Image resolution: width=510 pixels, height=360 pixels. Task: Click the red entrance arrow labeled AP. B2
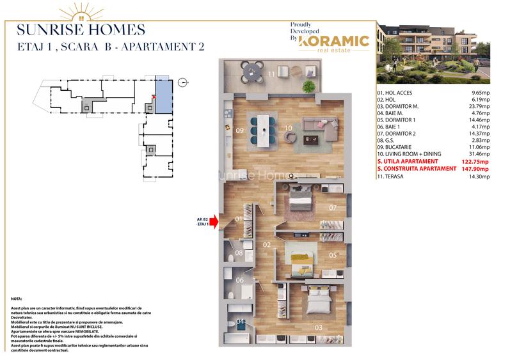point(214,221)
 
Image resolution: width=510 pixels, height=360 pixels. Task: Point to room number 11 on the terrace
point(271,74)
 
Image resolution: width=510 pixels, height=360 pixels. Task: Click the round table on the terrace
point(254,68)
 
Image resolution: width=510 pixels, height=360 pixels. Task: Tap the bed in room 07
point(301,203)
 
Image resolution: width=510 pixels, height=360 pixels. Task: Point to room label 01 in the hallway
point(239,219)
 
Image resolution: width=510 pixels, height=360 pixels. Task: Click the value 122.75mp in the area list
point(475,162)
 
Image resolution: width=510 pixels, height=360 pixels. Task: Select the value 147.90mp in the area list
point(475,169)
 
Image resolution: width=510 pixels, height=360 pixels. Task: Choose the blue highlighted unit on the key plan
point(164,95)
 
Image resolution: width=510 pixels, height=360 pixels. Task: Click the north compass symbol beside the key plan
point(184,82)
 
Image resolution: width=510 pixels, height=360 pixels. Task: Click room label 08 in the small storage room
point(239,253)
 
